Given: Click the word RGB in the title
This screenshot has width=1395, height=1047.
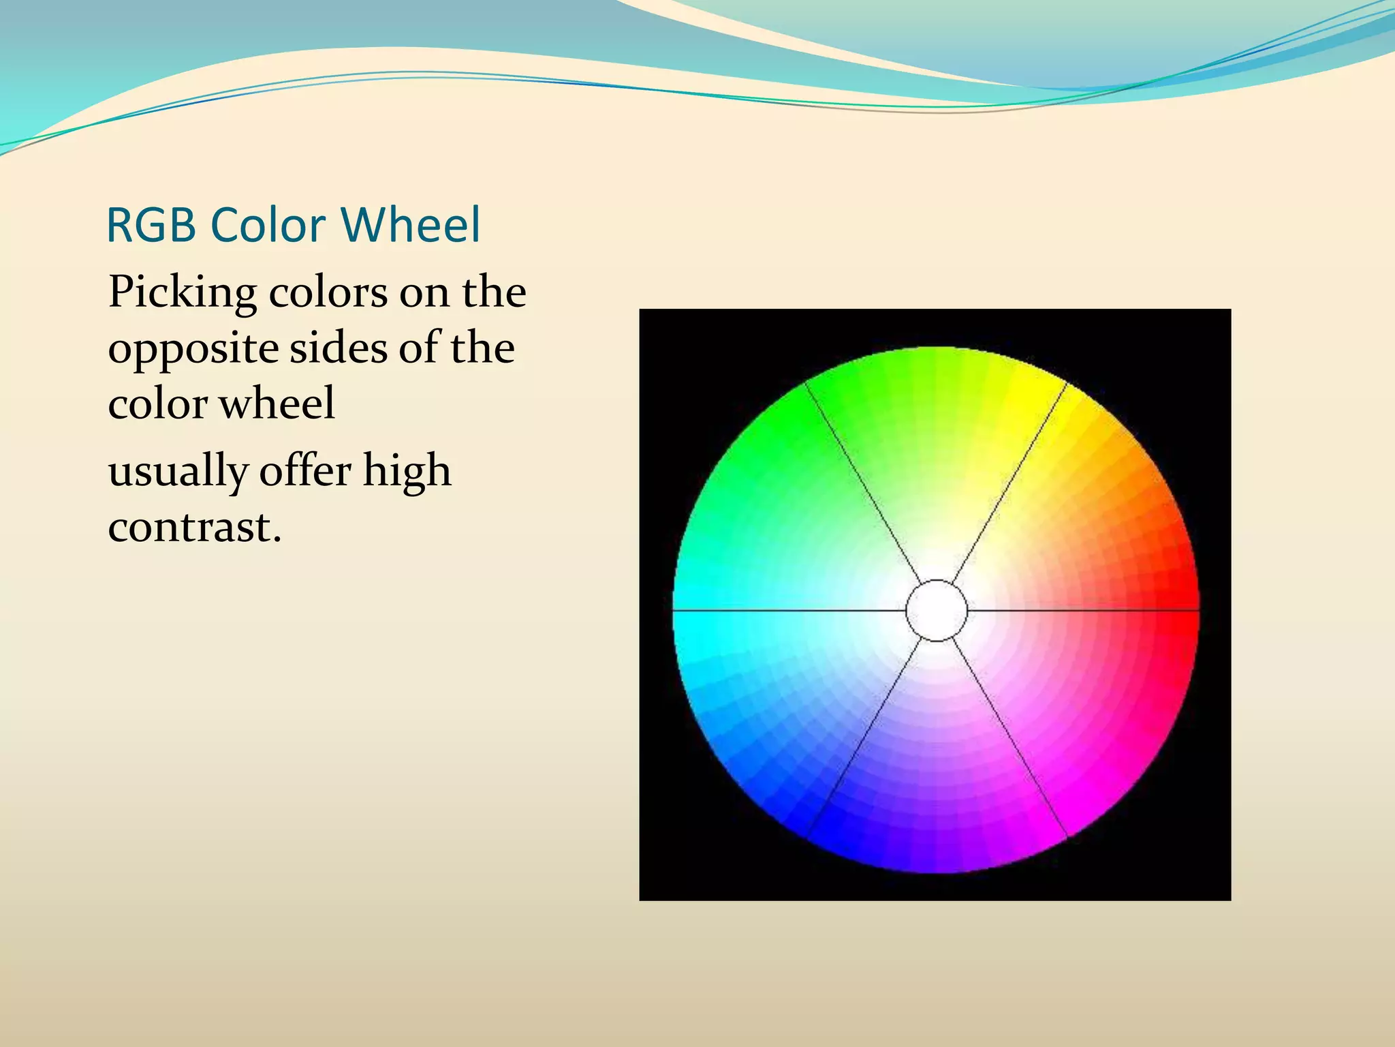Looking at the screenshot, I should click(151, 225).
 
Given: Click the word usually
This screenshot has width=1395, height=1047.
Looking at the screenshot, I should click(178, 472).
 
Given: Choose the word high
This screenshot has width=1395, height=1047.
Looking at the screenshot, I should click(407, 472).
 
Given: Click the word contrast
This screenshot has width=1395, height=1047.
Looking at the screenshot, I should click(194, 527).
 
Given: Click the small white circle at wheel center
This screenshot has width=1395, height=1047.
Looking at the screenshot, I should click(937, 611).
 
